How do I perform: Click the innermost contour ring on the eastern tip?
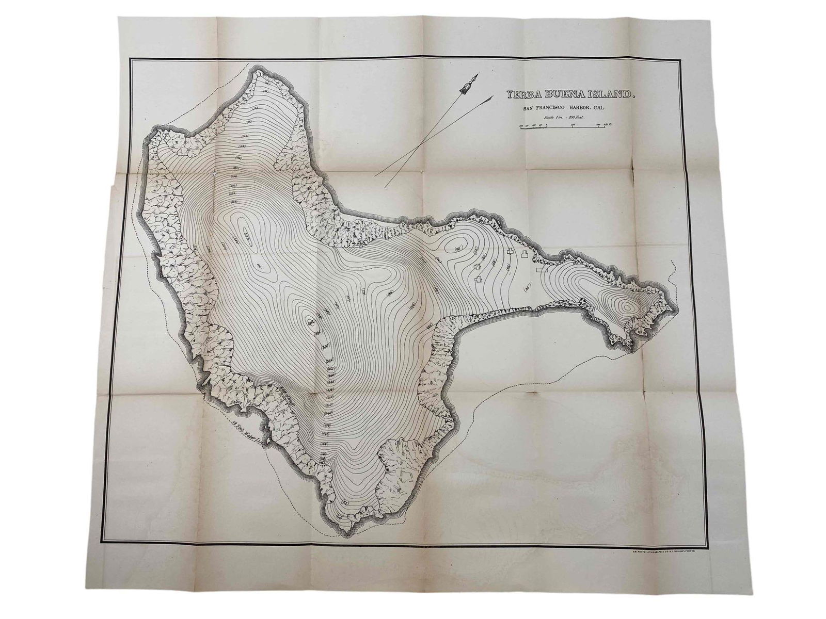pyautogui.click(x=627, y=307)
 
